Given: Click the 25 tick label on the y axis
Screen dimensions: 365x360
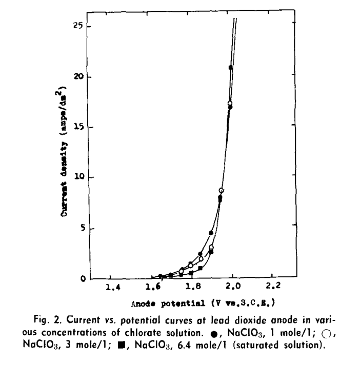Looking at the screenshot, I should point(78,26).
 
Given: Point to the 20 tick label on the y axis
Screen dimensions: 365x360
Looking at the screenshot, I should point(78,77).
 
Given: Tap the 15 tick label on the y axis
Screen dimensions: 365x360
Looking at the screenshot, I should point(78,127).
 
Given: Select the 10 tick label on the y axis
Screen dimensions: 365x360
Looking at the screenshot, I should point(78,177).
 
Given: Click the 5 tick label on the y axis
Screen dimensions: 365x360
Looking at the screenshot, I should point(80,228).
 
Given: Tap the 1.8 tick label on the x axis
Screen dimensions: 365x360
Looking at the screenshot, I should point(192,287).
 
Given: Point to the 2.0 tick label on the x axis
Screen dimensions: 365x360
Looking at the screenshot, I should point(233,287).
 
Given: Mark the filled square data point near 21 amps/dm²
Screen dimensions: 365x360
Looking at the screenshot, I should point(231,68).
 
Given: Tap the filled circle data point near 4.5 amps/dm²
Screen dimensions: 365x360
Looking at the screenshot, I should point(211,233).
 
